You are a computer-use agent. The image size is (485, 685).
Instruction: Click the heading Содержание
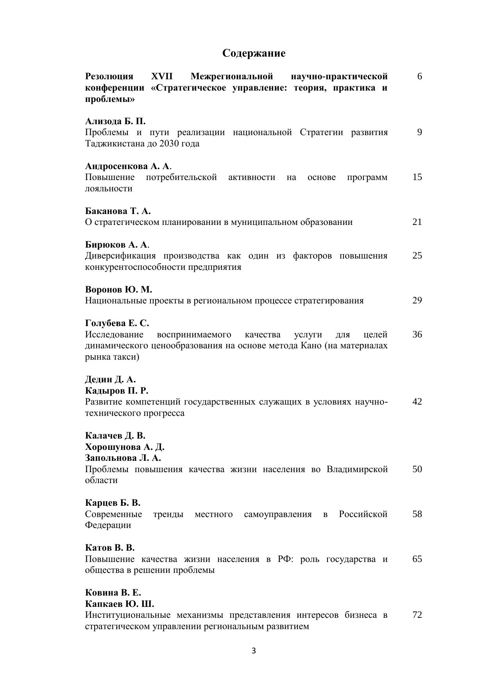point(254,53)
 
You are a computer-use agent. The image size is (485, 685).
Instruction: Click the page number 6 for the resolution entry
point(419,76)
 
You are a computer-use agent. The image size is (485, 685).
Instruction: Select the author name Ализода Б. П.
point(115,121)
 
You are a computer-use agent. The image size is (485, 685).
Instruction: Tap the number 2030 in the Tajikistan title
point(169,144)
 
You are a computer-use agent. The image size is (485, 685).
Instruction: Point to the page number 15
point(417,177)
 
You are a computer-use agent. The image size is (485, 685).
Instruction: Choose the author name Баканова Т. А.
point(118,211)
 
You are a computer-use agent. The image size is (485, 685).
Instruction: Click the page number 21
point(417,222)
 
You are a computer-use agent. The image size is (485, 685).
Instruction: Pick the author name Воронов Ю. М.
point(118,290)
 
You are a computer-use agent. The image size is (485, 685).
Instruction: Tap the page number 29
point(417,300)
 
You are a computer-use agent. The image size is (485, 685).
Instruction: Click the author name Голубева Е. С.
point(117,323)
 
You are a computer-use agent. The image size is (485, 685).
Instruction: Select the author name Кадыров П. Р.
point(116,391)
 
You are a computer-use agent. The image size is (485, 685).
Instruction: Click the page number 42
point(417,401)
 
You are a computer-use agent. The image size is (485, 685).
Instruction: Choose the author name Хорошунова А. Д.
point(125,447)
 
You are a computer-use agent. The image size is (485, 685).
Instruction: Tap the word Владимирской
point(357,469)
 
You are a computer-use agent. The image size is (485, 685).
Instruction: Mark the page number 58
point(417,514)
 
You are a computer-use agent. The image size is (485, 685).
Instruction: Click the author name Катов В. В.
point(110,548)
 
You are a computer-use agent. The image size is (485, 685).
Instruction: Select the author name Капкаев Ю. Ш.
point(120,604)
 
